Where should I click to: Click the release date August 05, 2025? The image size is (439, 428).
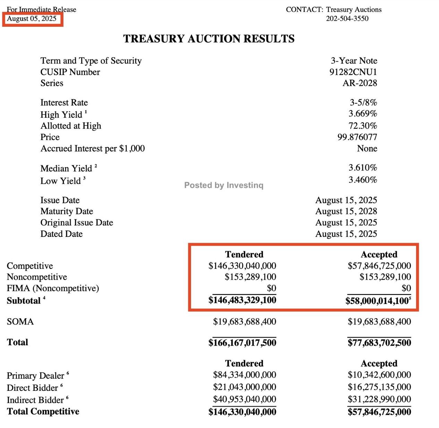[x=32, y=19]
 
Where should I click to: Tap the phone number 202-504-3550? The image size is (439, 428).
[x=347, y=19]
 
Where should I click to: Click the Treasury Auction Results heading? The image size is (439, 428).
[x=209, y=39]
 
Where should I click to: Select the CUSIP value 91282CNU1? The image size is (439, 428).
[x=353, y=72]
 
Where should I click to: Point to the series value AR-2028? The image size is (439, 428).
[x=360, y=83]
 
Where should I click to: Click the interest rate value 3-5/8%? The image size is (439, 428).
[x=363, y=102]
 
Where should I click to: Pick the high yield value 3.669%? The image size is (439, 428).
[x=363, y=114]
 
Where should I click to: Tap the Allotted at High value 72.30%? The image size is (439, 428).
[x=363, y=126]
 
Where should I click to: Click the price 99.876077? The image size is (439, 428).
[x=357, y=137]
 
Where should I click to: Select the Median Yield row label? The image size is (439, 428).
[x=66, y=168]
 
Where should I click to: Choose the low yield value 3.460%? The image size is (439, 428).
[x=363, y=180]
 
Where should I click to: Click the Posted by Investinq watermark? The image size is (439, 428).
[x=224, y=185]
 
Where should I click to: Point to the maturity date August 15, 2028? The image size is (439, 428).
[x=346, y=211]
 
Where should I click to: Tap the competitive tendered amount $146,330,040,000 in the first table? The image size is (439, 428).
[x=242, y=266]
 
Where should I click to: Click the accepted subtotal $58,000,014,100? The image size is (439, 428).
[x=377, y=301]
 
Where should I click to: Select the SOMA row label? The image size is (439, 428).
[x=20, y=322]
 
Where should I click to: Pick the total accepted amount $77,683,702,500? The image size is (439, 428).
[x=379, y=343]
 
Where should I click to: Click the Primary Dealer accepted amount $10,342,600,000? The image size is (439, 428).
[x=379, y=375]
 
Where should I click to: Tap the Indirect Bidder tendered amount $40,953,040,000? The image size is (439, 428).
[x=244, y=400]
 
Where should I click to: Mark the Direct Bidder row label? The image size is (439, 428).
[x=32, y=388]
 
